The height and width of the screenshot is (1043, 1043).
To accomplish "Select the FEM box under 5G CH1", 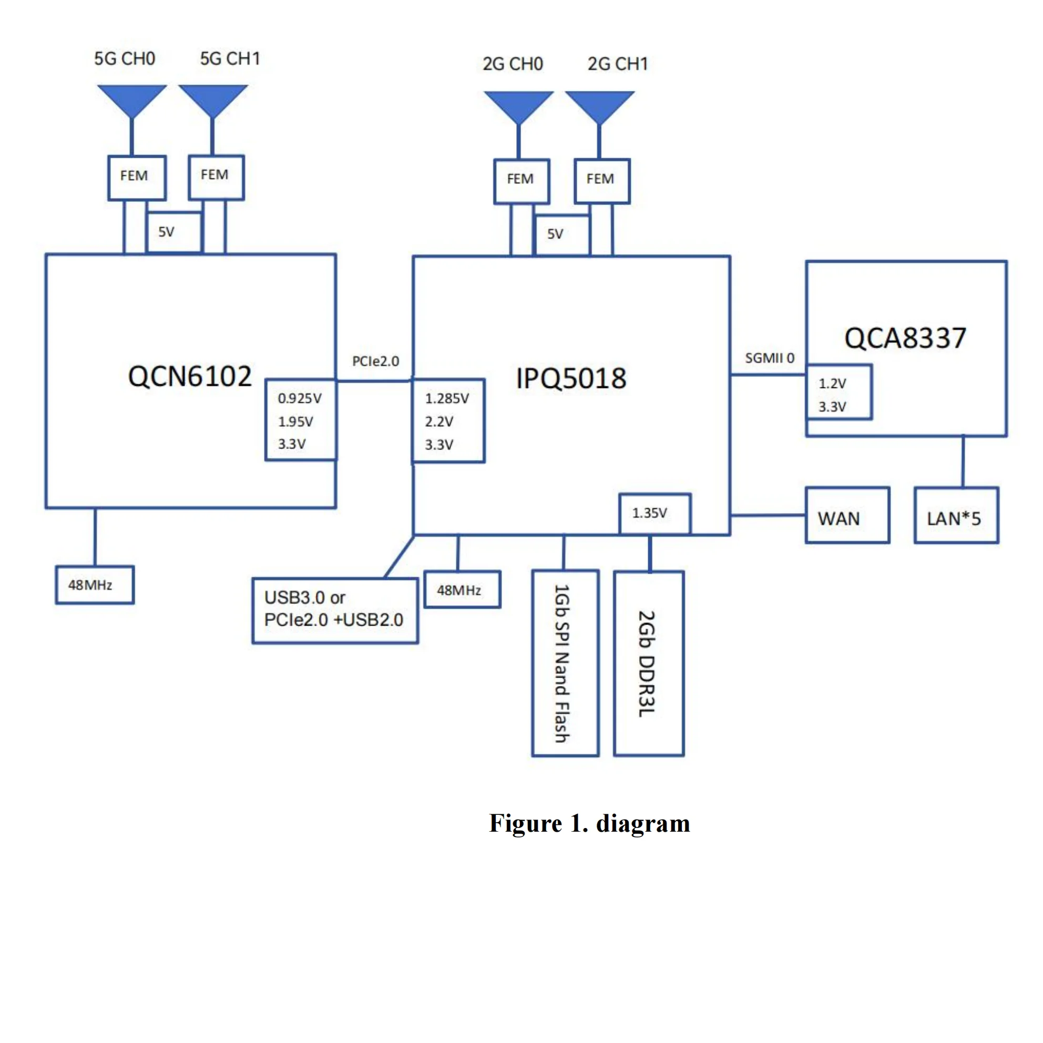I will pos(216,177).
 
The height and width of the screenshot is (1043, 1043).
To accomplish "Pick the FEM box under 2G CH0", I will pos(521,181).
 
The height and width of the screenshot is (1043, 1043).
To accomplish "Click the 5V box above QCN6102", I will pos(174,232).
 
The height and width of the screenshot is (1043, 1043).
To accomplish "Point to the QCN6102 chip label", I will pos(190,376).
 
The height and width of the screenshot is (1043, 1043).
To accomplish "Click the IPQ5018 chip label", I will pos(571,379).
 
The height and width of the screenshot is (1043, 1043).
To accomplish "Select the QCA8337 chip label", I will pos(905,339).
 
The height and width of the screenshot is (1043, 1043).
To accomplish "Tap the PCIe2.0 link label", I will pos(375,361).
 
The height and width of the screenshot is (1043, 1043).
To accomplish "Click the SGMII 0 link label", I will pos(769,358).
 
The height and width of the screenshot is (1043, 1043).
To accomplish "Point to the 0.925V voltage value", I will pos(300,398).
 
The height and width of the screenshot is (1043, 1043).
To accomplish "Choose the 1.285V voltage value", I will pos(447,398).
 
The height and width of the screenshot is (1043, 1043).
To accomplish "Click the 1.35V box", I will pos(655,513).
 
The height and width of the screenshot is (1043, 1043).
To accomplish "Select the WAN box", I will pos(847,515).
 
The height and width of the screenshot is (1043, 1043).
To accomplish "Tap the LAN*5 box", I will pos(956,515).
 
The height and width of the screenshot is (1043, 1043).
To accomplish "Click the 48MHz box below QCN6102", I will pos(95,585).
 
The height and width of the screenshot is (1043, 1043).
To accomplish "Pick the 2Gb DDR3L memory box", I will pos(648,663).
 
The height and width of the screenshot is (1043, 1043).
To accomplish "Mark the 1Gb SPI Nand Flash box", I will pos(565,663).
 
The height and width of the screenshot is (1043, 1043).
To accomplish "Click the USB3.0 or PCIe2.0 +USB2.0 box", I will pos(335,610).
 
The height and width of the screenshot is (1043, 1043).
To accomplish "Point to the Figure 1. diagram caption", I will pos(589,824).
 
